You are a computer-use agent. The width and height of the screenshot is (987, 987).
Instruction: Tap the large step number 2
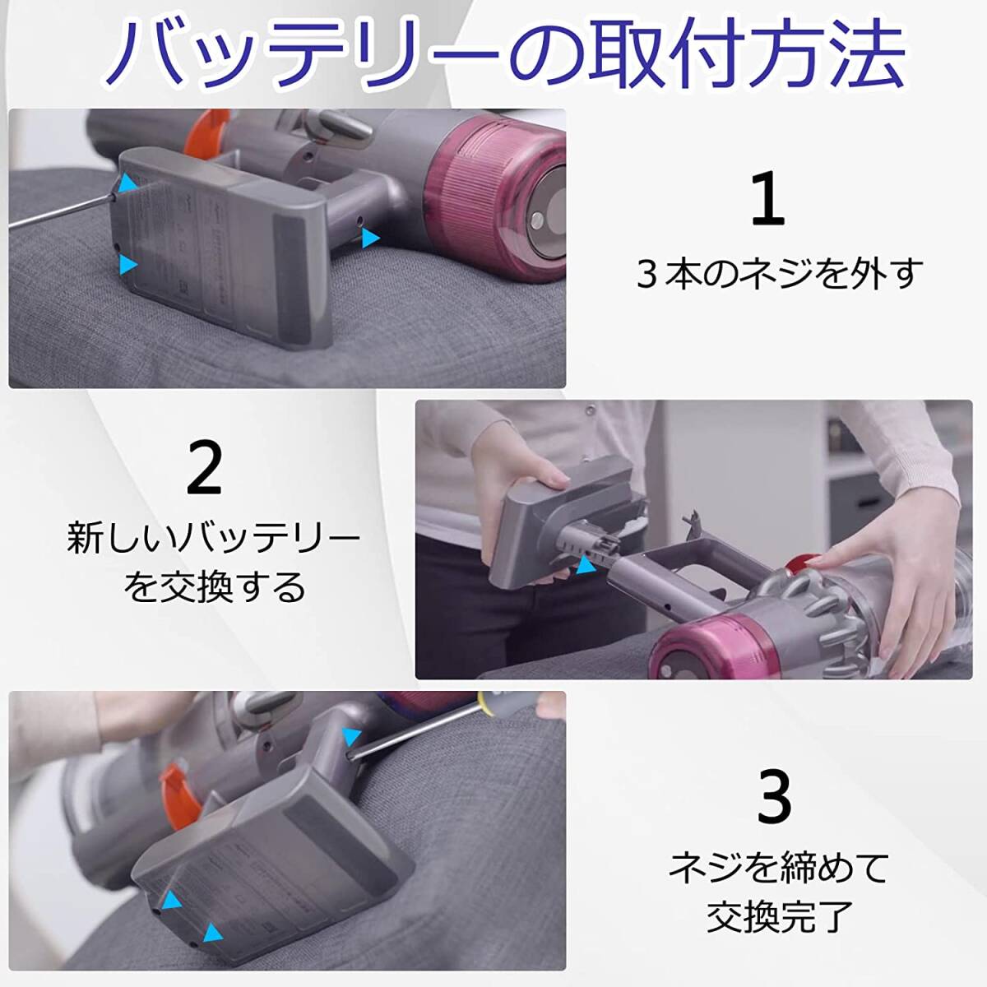(204, 466)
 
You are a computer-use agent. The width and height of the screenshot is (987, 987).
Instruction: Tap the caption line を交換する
(215, 587)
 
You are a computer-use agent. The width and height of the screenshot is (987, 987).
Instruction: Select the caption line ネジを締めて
(777, 866)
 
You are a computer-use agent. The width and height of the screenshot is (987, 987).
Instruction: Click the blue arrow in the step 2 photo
(583, 566)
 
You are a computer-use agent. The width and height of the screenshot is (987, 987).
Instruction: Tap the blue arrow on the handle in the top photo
(370, 239)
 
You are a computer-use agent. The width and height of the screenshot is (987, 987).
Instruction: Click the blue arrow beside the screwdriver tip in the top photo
(128, 183)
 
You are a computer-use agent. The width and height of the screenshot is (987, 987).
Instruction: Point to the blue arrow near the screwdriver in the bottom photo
(351, 737)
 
